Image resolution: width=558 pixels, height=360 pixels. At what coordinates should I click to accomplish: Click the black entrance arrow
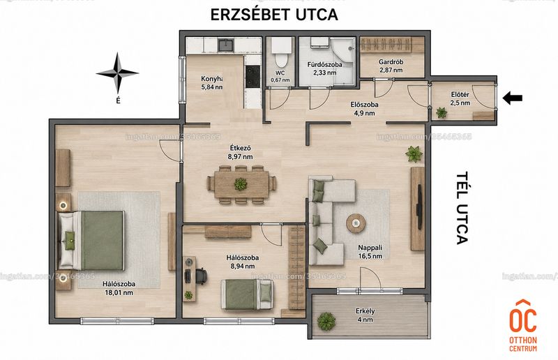point(513,98)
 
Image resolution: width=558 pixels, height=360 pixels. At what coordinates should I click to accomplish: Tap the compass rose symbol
point(117,73)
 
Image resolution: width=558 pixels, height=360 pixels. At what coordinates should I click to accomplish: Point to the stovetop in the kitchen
point(252,77)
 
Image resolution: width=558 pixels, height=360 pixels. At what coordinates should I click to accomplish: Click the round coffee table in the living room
point(356,223)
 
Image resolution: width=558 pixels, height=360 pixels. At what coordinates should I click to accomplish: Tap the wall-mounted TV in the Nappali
point(420,207)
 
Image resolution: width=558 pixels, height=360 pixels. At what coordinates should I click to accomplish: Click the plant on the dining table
point(241,183)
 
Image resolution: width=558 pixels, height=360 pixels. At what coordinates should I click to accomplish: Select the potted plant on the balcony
point(326,321)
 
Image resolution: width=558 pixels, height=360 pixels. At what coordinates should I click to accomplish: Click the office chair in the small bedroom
point(201,276)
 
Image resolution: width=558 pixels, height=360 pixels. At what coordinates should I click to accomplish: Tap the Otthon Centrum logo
point(522,326)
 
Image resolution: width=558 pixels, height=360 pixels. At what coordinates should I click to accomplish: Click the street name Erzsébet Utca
point(274,15)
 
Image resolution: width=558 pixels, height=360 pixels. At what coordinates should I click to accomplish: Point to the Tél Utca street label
point(462,209)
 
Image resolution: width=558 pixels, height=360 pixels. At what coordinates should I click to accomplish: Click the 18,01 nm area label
point(119,293)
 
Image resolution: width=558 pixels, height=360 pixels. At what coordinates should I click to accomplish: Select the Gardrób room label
point(391,62)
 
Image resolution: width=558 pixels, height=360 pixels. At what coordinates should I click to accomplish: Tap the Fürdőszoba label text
point(324,64)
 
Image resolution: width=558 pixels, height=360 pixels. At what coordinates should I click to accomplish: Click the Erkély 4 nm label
point(365,315)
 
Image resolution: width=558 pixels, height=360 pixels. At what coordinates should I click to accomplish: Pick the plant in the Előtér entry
point(442,113)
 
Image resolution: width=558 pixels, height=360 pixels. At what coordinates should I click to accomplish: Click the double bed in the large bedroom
point(91,241)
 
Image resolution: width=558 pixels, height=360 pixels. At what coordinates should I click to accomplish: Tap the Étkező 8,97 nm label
point(241,151)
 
